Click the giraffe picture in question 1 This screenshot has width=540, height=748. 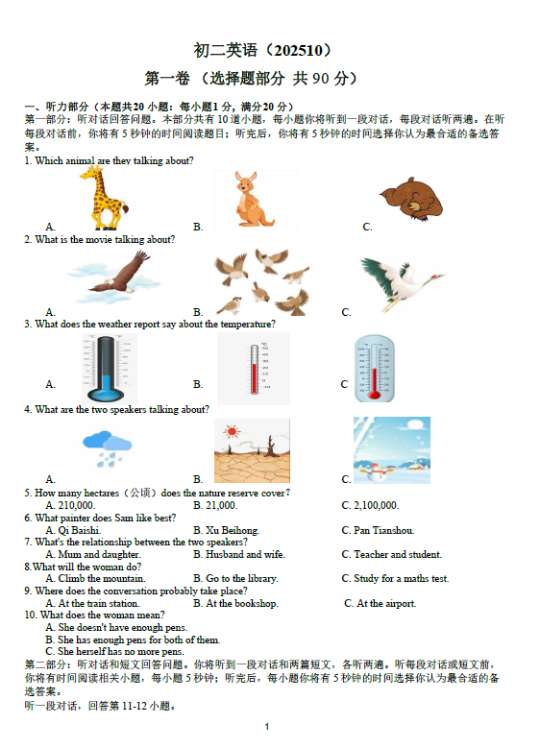coord(104,199)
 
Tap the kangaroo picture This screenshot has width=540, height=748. coord(252,200)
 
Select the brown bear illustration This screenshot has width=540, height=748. coord(411,199)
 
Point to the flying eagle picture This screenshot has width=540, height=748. coord(114,277)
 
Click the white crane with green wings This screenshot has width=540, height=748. coord(402,281)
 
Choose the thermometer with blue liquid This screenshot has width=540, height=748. coord(106,369)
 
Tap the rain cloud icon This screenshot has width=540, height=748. coord(107,448)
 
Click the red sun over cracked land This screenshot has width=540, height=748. coord(232,432)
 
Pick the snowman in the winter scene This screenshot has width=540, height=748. coord(377,471)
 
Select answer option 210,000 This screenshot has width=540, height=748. coord(71,505)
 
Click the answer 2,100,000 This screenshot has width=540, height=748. coord(371,505)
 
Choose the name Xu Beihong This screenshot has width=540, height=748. coord(227,530)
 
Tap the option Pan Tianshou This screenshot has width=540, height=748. coord(379,530)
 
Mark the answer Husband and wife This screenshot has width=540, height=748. coord(239,554)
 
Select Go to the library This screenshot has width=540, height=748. coord(235,579)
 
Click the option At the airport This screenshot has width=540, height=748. coord(380,603)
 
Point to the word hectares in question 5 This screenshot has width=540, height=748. coord(97,493)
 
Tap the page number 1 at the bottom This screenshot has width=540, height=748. coord(267,727)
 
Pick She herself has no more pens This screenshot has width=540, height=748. coord(114,652)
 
